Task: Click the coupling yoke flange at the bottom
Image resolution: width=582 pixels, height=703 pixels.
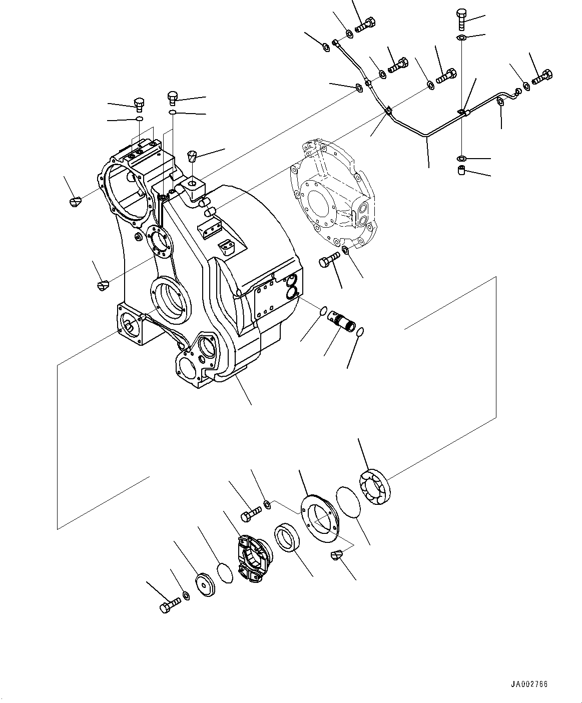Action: tap(253, 558)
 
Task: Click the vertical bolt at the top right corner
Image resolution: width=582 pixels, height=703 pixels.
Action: tap(461, 19)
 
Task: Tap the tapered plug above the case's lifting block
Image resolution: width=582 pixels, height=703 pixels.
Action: tap(193, 156)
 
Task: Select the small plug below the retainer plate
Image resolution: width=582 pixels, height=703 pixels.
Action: tap(336, 555)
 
